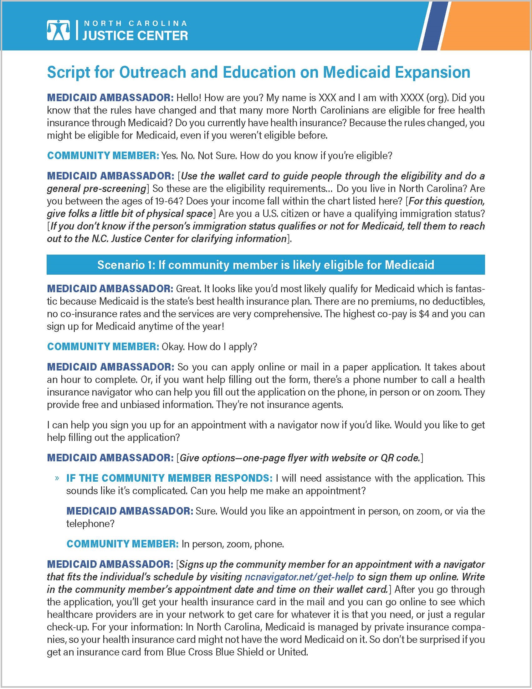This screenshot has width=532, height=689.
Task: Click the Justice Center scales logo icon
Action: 58,30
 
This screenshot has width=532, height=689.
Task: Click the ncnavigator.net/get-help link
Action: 299,577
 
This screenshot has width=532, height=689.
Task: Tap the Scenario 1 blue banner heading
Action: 266,265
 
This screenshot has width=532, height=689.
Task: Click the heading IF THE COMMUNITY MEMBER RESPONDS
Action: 169,478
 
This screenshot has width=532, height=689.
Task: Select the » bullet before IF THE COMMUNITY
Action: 57,478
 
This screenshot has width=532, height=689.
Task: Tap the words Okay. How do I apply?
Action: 209,347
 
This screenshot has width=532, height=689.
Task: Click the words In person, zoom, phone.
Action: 233,544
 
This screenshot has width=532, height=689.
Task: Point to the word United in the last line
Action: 292,652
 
